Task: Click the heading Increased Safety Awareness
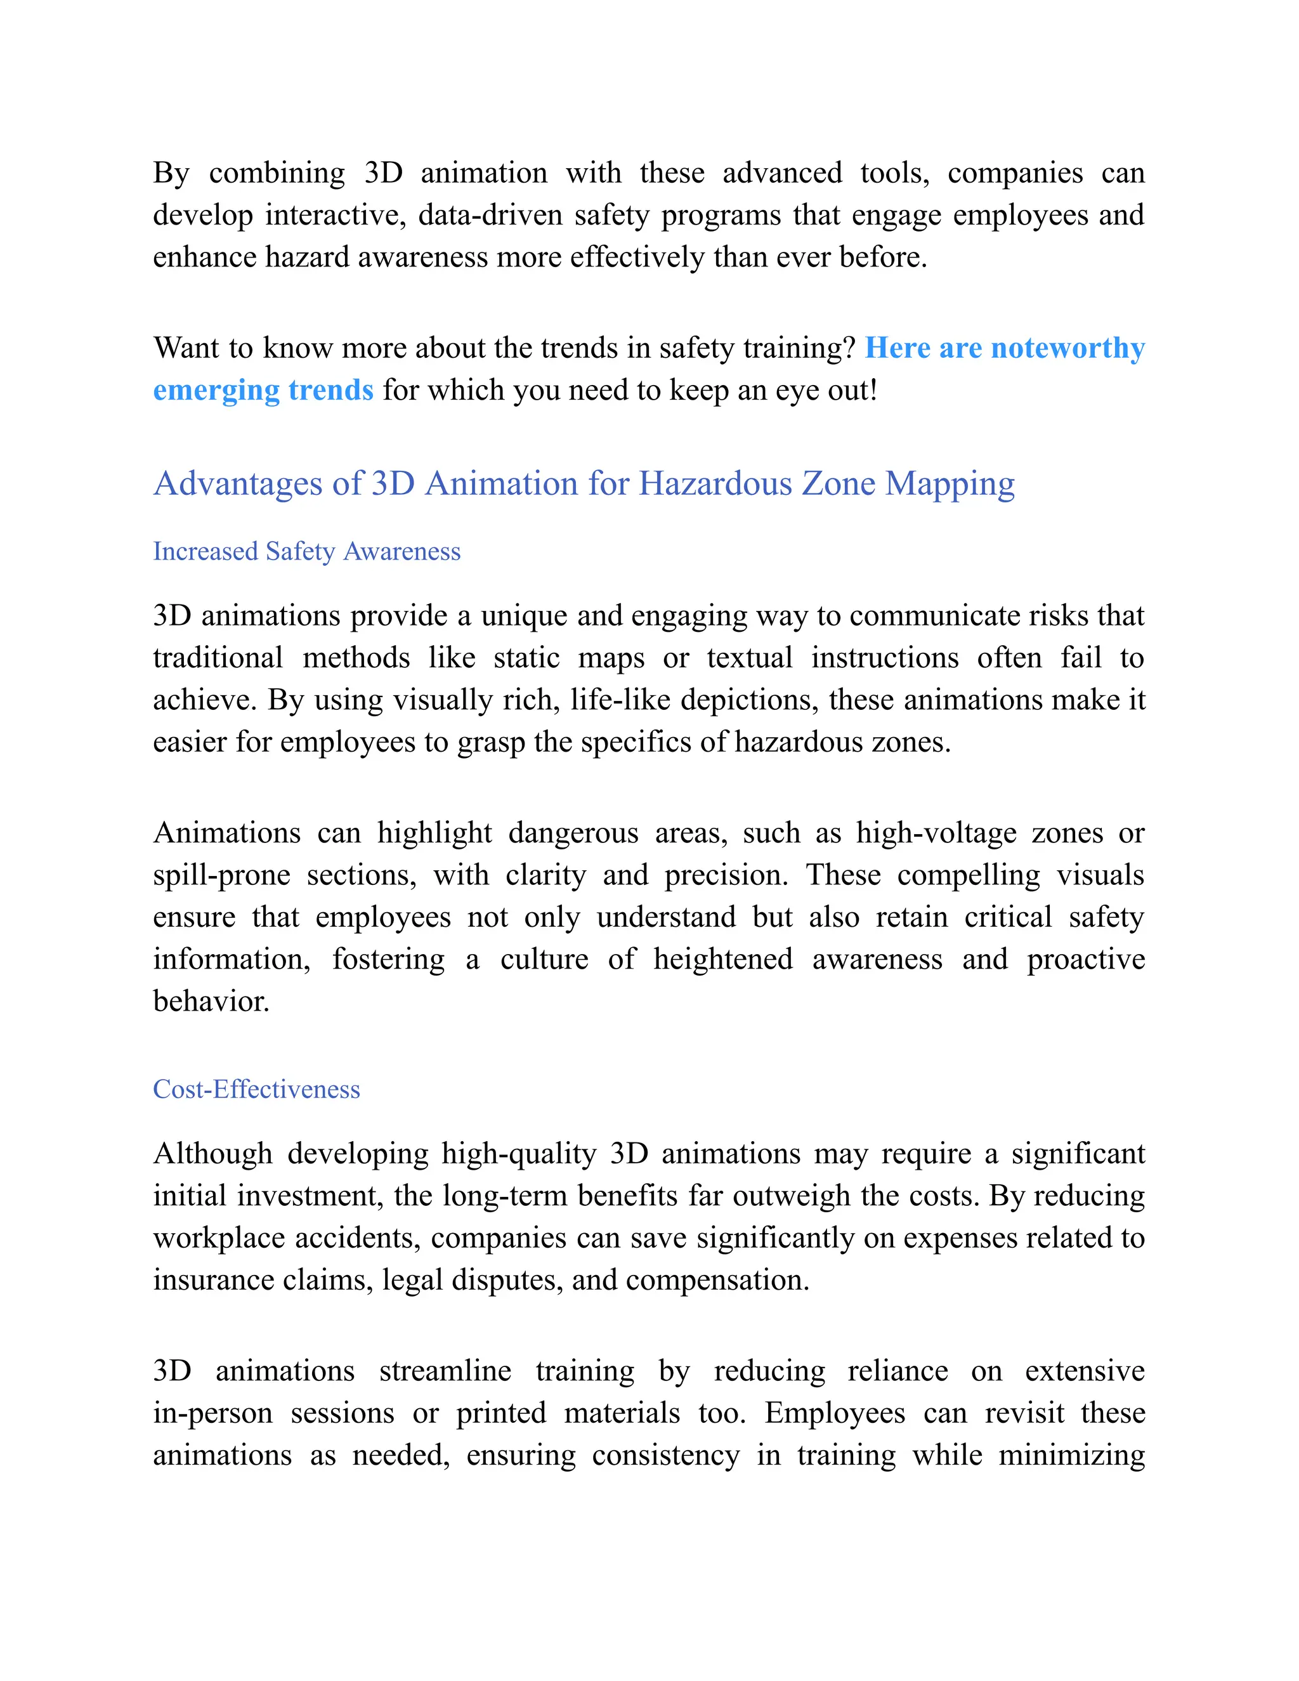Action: [306, 551]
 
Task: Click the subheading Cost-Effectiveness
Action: [256, 1089]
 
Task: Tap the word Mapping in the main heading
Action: [950, 484]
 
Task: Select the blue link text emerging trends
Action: [263, 390]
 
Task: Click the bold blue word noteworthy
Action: [1067, 348]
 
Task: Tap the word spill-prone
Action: [221, 875]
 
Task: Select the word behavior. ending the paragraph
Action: [211, 1002]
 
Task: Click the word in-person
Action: [213, 1413]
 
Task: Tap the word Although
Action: [212, 1154]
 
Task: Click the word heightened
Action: [722, 959]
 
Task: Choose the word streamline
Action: [445, 1371]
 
